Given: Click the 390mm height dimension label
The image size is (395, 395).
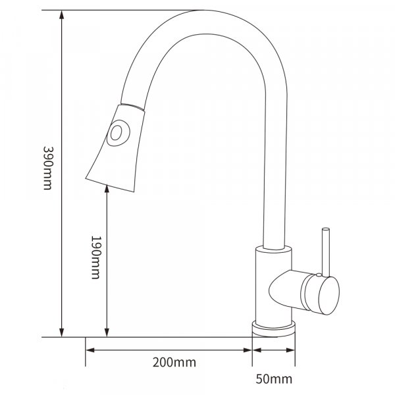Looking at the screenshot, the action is coord(48,168).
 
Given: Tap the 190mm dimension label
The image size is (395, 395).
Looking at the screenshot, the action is coord(95,257).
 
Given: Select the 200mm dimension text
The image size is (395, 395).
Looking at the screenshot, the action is coord(174,363).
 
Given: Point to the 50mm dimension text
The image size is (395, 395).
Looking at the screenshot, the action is coord(274,379).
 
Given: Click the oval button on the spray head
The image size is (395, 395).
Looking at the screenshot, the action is coord(118,133).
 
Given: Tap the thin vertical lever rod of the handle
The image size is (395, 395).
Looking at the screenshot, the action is coord(326,252).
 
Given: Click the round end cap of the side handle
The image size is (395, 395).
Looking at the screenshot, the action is coord(329,296).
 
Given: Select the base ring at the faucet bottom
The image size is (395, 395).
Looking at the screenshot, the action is coord(274,329).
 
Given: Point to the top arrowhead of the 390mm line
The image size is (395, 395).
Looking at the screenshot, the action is coord(61,14).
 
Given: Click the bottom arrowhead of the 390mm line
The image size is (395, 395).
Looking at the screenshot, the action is coord(61,332).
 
